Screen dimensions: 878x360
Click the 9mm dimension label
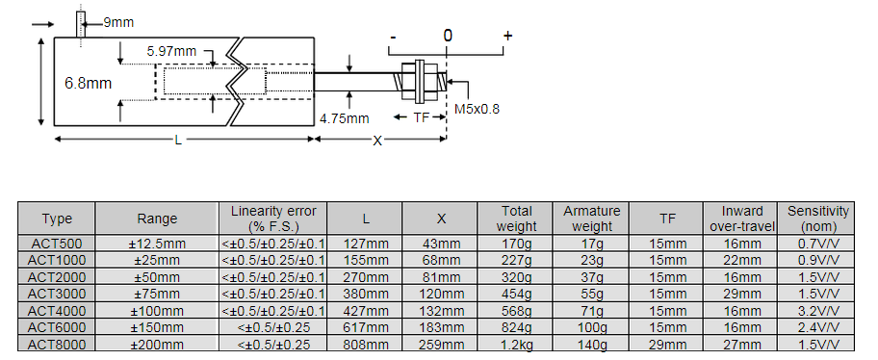(118, 22)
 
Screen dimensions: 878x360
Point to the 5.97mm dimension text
(171, 52)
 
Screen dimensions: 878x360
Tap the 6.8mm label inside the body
(88, 84)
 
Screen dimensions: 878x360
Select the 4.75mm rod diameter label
(345, 118)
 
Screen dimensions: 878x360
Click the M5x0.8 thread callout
(477, 109)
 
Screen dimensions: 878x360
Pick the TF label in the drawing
(421, 117)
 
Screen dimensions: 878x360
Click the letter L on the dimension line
(178, 140)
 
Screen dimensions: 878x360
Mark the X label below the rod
(378, 141)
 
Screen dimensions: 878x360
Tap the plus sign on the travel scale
(507, 36)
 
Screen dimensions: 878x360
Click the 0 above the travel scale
(448, 36)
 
